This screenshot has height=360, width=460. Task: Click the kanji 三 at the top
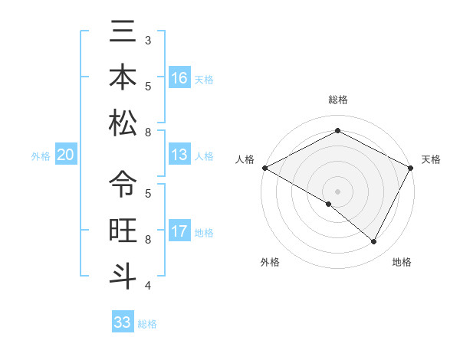click(x=123, y=32)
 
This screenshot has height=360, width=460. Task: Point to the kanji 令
click(x=123, y=184)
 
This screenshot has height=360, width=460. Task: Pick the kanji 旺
click(x=123, y=230)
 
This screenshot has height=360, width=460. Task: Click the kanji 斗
click(x=123, y=276)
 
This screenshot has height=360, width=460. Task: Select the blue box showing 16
click(x=179, y=78)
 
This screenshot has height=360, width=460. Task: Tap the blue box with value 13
click(x=179, y=155)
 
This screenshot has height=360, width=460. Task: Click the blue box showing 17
click(x=179, y=232)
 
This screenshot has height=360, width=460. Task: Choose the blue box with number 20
click(x=66, y=155)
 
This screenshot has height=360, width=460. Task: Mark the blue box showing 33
click(x=123, y=322)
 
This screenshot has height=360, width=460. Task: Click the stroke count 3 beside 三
click(x=148, y=39)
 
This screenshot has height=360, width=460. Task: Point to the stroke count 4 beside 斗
click(x=148, y=286)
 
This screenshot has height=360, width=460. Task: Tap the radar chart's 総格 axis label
click(x=337, y=100)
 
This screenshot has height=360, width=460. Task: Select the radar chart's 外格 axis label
click(x=269, y=263)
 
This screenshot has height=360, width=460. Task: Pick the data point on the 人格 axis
click(x=264, y=168)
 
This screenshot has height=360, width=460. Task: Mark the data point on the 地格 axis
click(x=374, y=242)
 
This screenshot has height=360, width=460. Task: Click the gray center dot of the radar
click(x=337, y=191)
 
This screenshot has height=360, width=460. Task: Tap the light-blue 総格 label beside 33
click(x=147, y=324)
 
